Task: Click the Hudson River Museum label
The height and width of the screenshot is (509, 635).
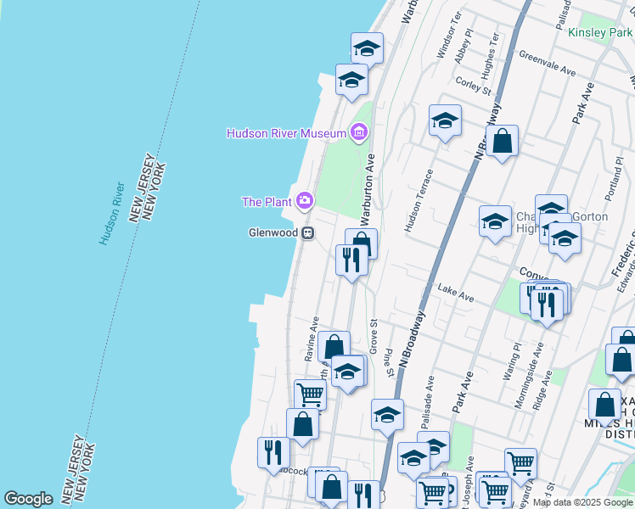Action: tap(286, 133)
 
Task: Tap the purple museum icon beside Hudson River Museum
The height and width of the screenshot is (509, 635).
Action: tap(358, 132)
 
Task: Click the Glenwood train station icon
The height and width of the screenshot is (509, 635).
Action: tap(309, 232)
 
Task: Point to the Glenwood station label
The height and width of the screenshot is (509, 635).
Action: tap(272, 232)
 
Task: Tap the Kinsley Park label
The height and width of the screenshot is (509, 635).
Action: tap(599, 32)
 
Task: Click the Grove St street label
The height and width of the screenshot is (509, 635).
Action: tap(373, 336)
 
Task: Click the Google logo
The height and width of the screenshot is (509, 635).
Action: tap(28, 498)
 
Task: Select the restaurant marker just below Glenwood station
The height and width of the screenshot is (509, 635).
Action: tap(351, 258)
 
